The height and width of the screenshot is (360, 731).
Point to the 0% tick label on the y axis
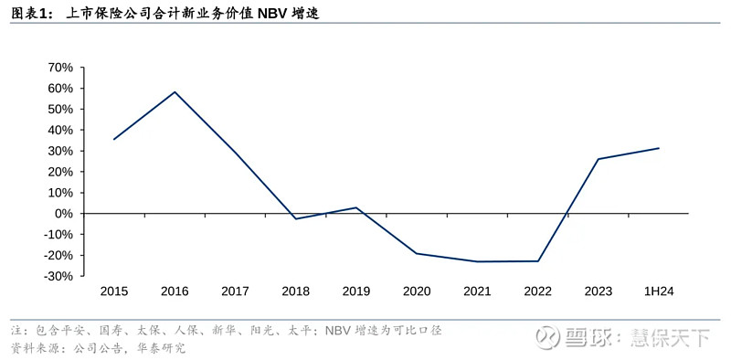pos(63,214)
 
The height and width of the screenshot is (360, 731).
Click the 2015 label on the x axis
pos(114,291)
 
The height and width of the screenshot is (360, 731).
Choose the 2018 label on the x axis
pos(295,291)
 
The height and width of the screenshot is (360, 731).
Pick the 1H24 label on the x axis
pos(658,291)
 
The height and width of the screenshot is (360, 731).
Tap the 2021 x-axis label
pos(477,291)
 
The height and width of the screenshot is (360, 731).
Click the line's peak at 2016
pos(175,91)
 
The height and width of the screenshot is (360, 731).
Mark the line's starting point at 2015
pos(114,139)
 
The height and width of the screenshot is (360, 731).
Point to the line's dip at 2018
pos(295,218)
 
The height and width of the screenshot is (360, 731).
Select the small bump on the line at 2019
pos(355,207)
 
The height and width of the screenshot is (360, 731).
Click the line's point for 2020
pos(417,253)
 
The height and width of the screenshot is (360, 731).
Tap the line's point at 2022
pos(537,261)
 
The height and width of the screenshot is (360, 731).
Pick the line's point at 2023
pos(598,159)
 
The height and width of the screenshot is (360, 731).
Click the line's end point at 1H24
pos(658,148)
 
